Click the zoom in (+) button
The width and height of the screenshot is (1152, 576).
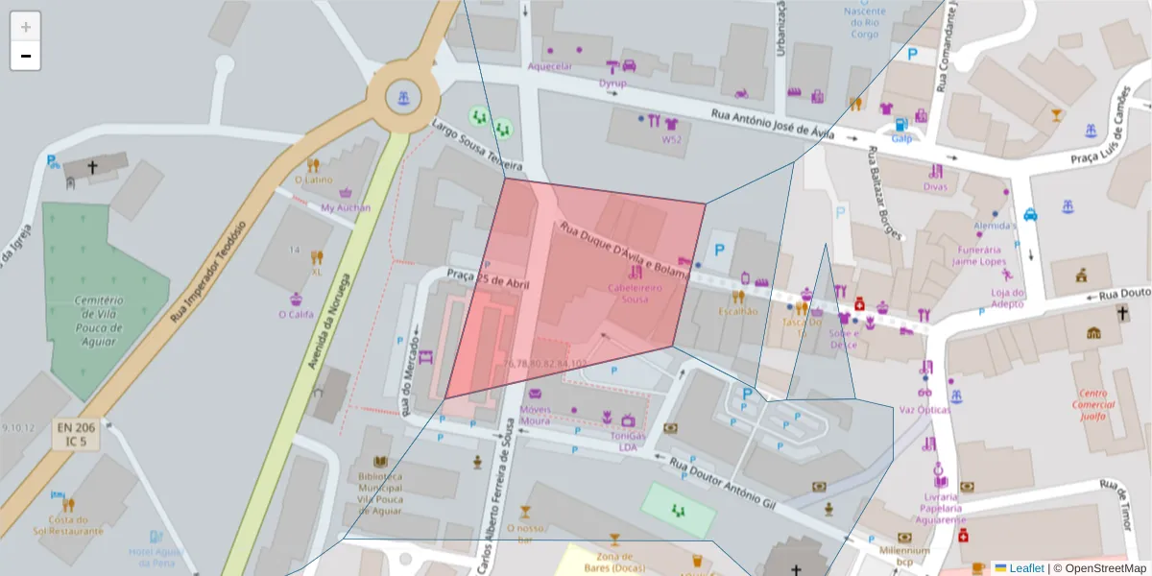point(26,27)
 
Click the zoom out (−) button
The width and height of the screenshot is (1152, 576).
point(26,56)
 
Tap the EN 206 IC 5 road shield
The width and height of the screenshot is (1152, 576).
point(77,435)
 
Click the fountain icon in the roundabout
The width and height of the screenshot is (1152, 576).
point(404,97)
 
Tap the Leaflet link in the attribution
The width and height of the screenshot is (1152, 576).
point(1025,568)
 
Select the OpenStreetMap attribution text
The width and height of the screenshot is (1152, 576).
point(1105,568)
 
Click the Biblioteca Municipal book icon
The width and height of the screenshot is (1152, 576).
point(380,462)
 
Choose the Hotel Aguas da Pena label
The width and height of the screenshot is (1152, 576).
point(156,556)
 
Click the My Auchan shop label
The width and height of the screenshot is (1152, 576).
point(346,207)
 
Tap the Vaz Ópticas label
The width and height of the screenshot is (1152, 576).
point(924,410)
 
